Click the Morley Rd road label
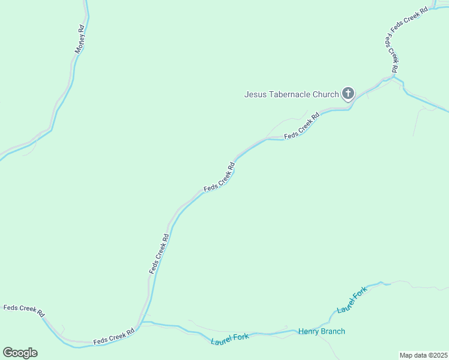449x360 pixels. tap(80, 40)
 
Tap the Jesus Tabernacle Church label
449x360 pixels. tap(292, 94)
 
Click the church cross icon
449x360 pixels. tap(348, 94)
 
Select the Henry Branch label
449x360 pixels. tap(322, 331)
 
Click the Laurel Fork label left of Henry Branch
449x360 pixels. tap(230, 339)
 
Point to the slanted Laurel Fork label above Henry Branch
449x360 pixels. tap(352, 300)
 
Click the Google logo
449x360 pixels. tap(20, 353)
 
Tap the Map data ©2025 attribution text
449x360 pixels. tap(423, 355)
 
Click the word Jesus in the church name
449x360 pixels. tap(255, 94)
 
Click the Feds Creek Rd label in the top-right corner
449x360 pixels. tap(409, 19)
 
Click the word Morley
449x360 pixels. tap(79, 44)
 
